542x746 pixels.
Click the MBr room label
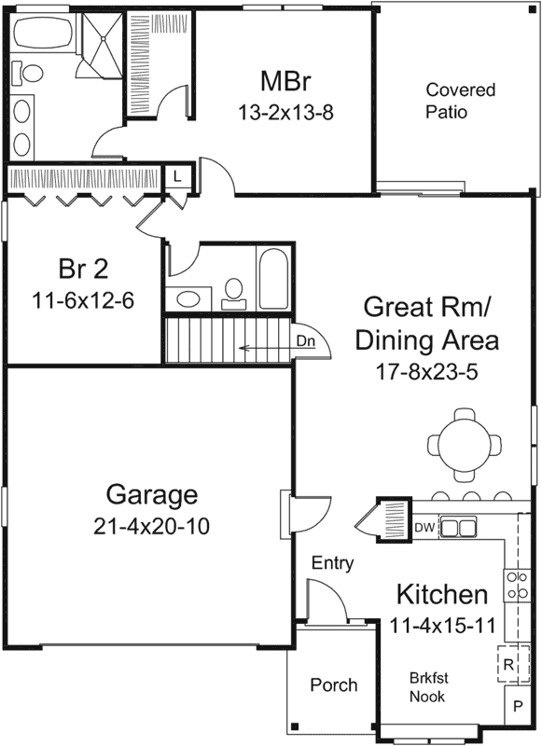point(285,80)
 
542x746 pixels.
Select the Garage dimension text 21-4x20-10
point(151,526)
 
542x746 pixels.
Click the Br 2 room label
point(84,269)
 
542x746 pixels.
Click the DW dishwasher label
point(424,528)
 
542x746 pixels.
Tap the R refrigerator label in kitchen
point(508,665)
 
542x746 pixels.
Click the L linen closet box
point(177,174)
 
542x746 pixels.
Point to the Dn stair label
point(306,341)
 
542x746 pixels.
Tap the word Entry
point(332,562)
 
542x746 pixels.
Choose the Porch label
point(333,685)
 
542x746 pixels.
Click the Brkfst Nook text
point(426,687)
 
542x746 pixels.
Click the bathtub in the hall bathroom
point(276,278)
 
